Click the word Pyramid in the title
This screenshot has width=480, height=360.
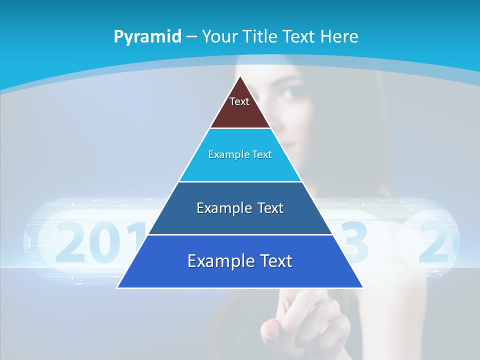(147, 36)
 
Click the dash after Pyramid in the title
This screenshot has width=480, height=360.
(191, 37)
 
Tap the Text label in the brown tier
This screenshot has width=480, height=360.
(239, 101)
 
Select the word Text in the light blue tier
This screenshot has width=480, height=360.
(262, 154)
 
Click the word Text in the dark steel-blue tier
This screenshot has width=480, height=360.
(270, 208)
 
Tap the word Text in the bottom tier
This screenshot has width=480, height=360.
(275, 261)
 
